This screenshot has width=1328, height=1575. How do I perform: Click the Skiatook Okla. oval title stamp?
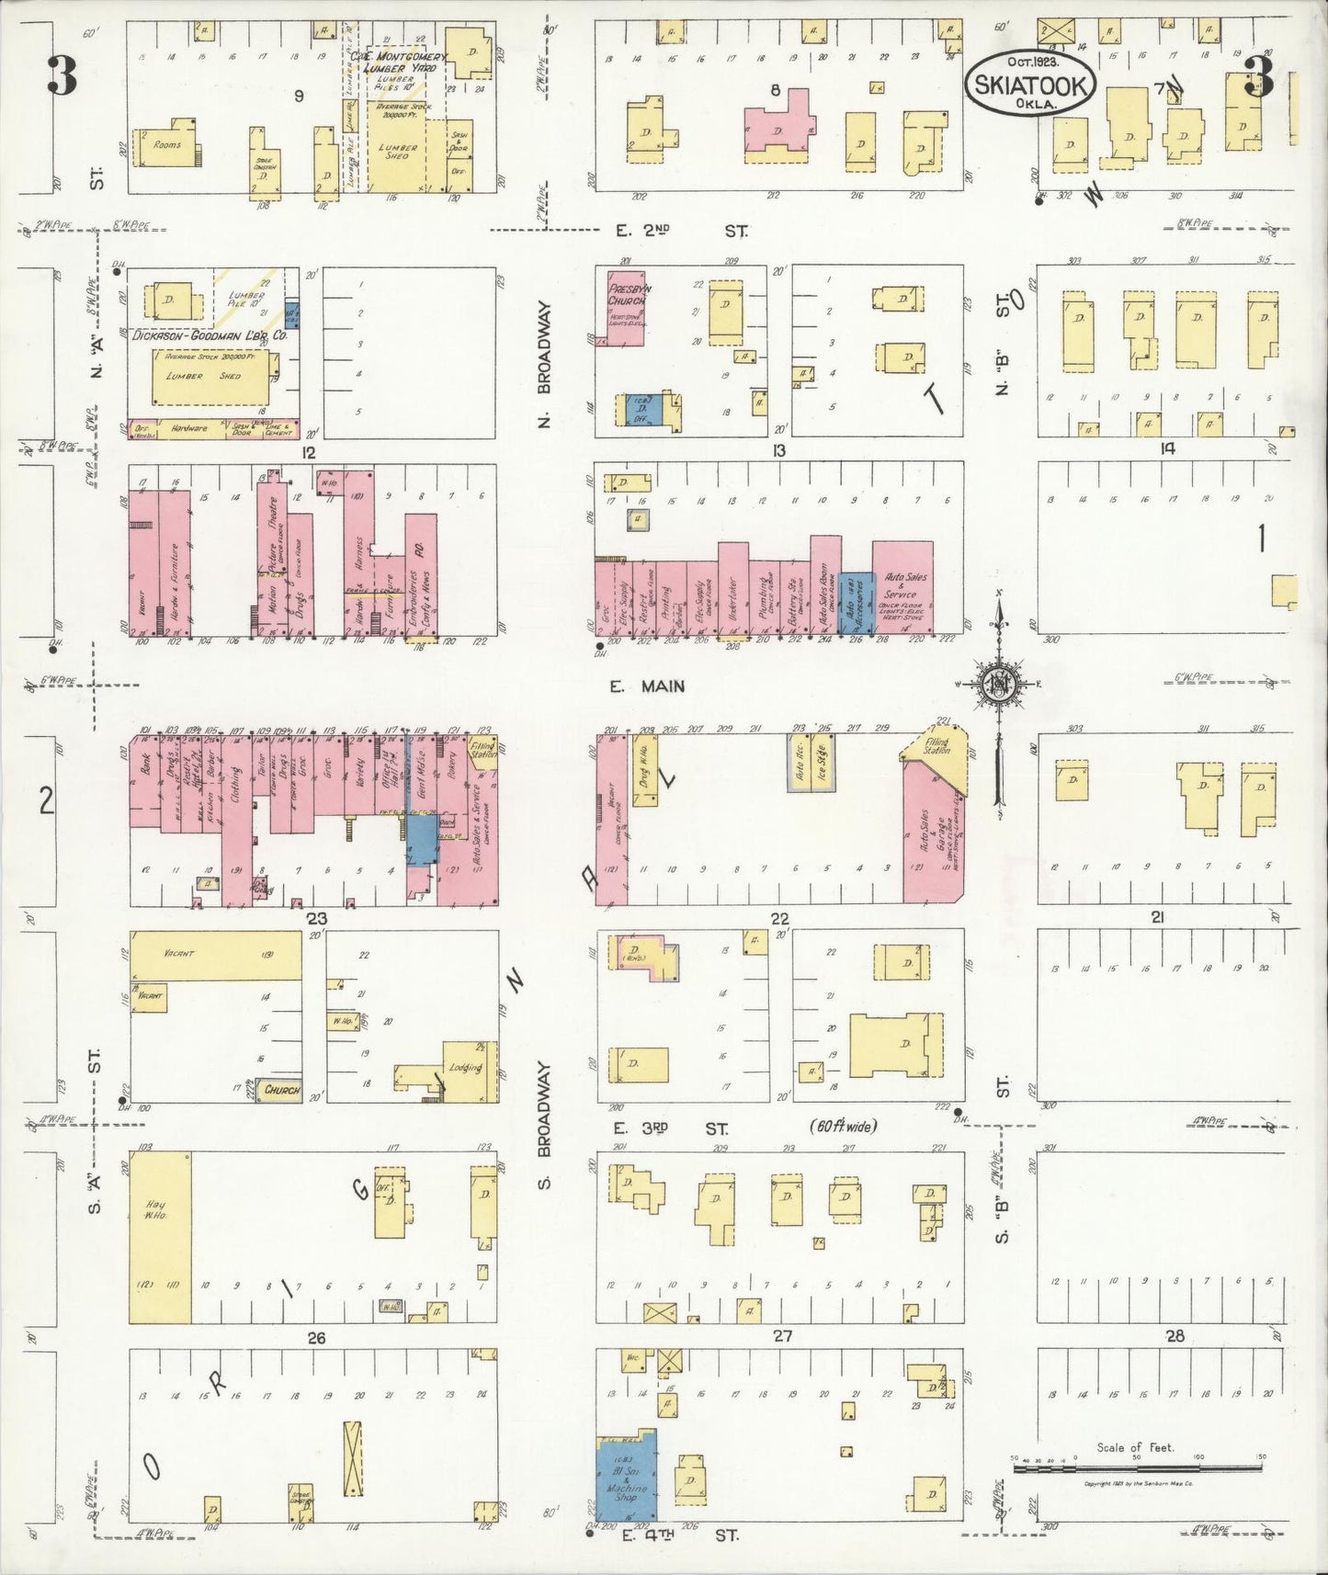(1030, 82)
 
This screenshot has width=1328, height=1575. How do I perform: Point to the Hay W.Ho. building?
(160, 1237)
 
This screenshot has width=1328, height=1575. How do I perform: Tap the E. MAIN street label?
(648, 686)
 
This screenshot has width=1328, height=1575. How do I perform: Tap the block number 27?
(781, 1336)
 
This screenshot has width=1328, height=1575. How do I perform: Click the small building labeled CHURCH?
(281, 1089)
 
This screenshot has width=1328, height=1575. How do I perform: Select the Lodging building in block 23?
(467, 1069)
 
